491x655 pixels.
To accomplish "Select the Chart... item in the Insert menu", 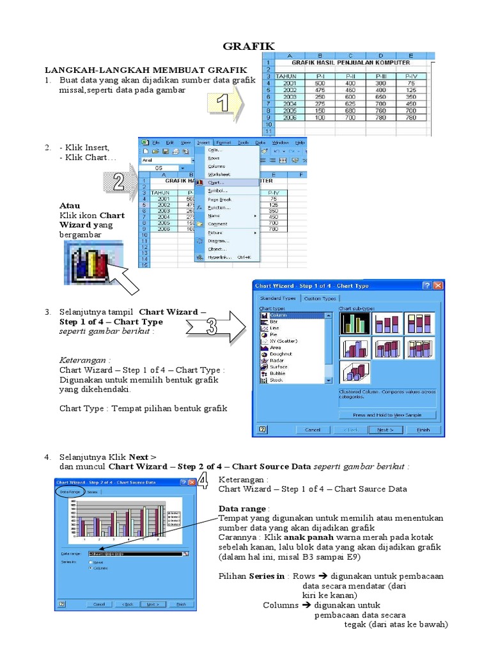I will click(216, 182).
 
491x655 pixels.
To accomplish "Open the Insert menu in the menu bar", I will click(203, 142).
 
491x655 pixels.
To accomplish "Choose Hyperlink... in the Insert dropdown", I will click(220, 257).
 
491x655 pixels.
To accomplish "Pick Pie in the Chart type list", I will click(274, 335).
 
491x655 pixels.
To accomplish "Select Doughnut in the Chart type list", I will click(281, 354).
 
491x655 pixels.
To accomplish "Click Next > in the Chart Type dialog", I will click(385, 430).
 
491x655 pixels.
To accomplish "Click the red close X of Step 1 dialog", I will click(438, 286).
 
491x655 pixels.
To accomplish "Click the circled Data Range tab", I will click(70, 492).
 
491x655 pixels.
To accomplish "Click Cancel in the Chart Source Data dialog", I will click(99, 604).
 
